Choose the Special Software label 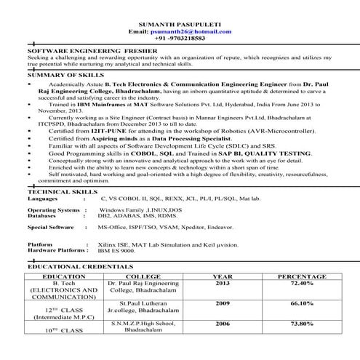(x=51, y=227)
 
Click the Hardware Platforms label (x=57, y=250)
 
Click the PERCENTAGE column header (x=302, y=276)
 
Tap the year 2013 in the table (x=223, y=284)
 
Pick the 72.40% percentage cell (x=302, y=284)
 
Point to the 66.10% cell (x=302, y=303)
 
